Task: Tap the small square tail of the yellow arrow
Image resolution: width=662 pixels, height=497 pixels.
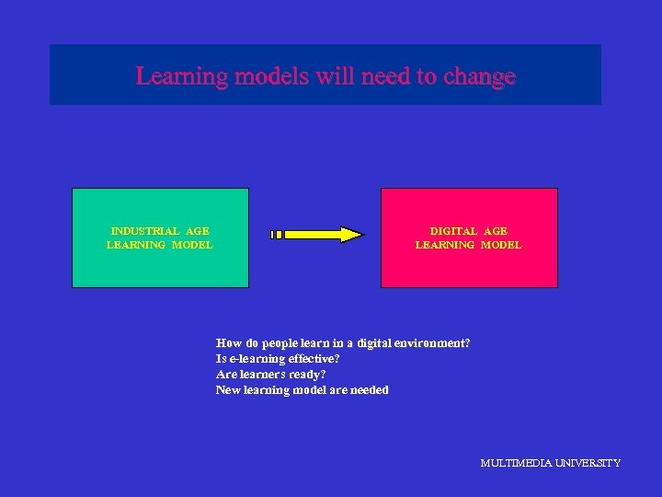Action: pyautogui.click(x=276, y=235)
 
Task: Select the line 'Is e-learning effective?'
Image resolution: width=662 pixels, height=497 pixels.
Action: pyautogui.click(x=278, y=358)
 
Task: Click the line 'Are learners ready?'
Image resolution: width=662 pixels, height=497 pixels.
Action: pyautogui.click(x=270, y=375)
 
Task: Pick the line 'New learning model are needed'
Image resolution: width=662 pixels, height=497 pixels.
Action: pyautogui.click(x=302, y=390)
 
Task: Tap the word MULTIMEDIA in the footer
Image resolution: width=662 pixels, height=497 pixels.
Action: pyautogui.click(x=515, y=463)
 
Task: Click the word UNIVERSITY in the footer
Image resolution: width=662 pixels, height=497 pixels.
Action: pyautogui.click(x=587, y=463)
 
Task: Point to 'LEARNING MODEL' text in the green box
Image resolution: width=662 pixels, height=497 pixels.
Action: pyautogui.click(x=159, y=245)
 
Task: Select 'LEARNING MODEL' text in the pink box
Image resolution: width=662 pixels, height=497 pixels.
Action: pyautogui.click(x=468, y=245)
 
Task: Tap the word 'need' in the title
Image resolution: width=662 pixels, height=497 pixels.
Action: pyautogui.click(x=387, y=75)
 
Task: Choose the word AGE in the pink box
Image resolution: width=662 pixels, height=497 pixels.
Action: pyautogui.click(x=495, y=231)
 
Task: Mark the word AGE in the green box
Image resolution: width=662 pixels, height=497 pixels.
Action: pyautogui.click(x=197, y=231)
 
